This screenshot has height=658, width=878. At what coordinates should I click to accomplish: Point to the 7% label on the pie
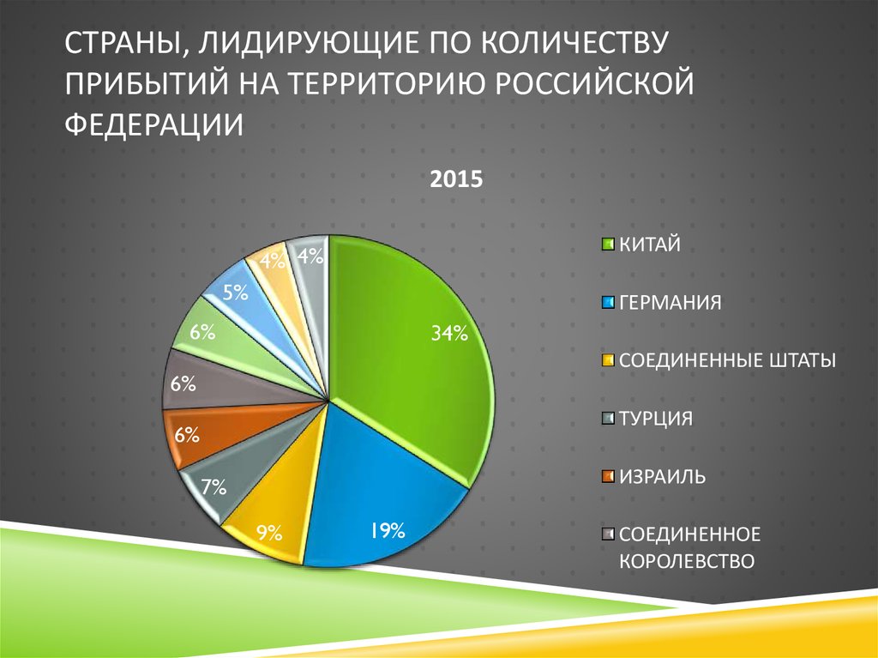pyautogui.click(x=213, y=488)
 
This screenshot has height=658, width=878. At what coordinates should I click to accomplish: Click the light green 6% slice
pyautogui.click(x=214, y=335)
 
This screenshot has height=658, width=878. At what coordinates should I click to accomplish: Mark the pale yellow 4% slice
pyautogui.click(x=273, y=262)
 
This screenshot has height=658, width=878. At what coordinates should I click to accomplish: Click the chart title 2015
pyautogui.click(x=457, y=180)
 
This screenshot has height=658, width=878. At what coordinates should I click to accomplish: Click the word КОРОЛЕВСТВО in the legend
pyautogui.click(x=686, y=562)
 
